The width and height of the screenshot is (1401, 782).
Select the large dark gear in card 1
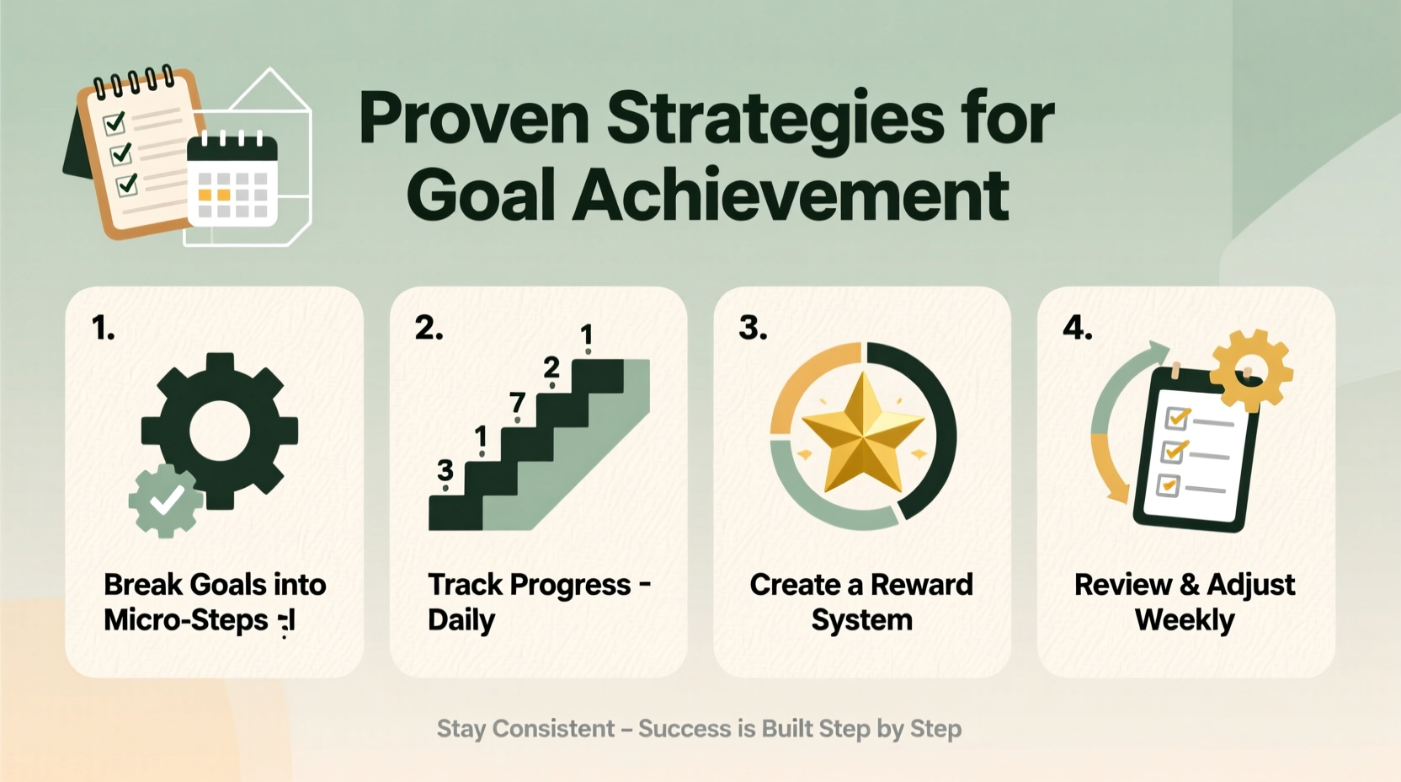[x=220, y=431]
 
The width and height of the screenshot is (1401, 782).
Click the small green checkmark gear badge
[x=166, y=501]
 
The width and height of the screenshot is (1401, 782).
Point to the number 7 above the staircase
[x=517, y=403]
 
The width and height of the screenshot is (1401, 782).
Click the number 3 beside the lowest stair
[x=445, y=470]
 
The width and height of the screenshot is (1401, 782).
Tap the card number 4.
[x=1077, y=327]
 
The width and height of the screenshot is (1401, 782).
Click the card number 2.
[x=429, y=327]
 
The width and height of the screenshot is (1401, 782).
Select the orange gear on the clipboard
[x=1251, y=368]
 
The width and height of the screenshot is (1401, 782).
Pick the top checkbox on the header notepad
[x=115, y=123]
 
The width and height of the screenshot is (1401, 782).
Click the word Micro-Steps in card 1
[x=185, y=620]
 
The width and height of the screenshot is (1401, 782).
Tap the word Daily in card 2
[x=461, y=620]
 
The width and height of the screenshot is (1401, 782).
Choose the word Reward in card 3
[x=921, y=584]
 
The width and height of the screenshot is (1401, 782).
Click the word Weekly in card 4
[x=1184, y=620]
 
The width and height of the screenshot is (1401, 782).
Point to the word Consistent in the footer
[x=553, y=728]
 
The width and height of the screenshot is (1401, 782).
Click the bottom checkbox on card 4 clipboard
[x=1168, y=485]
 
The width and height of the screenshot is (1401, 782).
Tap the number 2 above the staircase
[x=551, y=367]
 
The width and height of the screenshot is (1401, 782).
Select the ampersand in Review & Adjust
[x=1189, y=584]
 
